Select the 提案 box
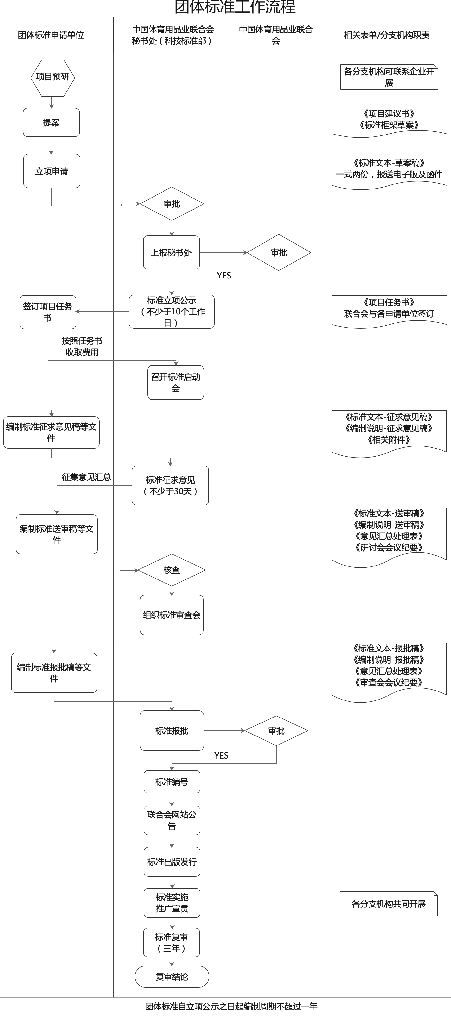tap(51, 122)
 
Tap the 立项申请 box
tap(52, 171)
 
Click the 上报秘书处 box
tap(172, 253)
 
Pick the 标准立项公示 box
tap(172, 312)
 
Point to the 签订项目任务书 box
tap(48, 312)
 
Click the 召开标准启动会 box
tap(176, 382)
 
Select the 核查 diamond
tap(172, 570)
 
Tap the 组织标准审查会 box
tap(172, 615)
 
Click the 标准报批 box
tap(172, 731)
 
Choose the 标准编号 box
tap(172, 782)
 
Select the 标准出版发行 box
tap(172, 862)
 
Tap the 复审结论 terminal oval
tap(172, 977)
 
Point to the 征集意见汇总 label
tap(86, 477)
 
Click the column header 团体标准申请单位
tap(51, 35)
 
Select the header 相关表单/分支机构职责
tap(386, 35)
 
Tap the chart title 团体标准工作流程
tap(235, 7)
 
